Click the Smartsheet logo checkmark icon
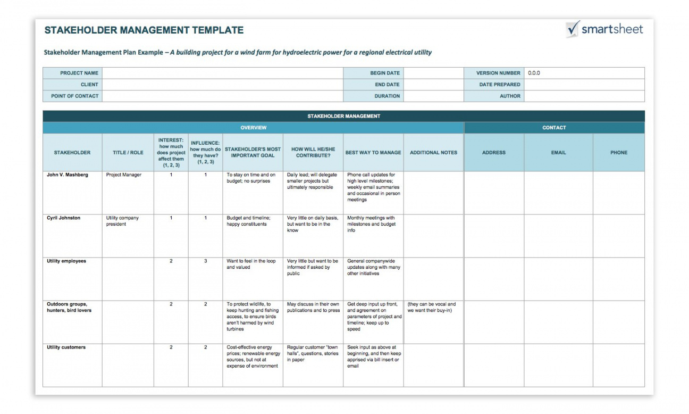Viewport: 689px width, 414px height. pos(573,29)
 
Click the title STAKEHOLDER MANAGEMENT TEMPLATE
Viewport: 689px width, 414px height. pos(144,30)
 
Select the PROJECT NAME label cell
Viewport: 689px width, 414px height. pos(79,73)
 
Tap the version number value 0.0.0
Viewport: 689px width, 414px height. pos(534,73)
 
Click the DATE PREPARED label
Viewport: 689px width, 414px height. pos(500,85)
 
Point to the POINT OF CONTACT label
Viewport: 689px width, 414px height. pos(75,96)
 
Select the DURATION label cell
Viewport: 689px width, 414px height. pos(387,96)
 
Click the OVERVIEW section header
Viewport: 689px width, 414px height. pos(253,128)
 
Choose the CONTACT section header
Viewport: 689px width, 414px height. pos(554,128)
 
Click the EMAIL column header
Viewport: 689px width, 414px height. pos(558,153)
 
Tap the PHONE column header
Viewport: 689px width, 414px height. pos(619,153)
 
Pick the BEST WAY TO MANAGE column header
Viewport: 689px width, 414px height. pos(373,153)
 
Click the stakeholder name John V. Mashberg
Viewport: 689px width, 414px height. pos(68,175)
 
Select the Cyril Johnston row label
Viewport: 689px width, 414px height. pos(64,218)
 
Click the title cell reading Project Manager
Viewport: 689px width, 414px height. pos(124,175)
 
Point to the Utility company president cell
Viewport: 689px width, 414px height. pos(122,221)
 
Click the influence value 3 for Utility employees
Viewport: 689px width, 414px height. pos(205,261)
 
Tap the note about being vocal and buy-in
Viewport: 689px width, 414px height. pos(432,308)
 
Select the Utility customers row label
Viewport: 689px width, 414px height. pos(66,347)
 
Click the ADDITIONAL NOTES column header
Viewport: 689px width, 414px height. pos(433,153)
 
